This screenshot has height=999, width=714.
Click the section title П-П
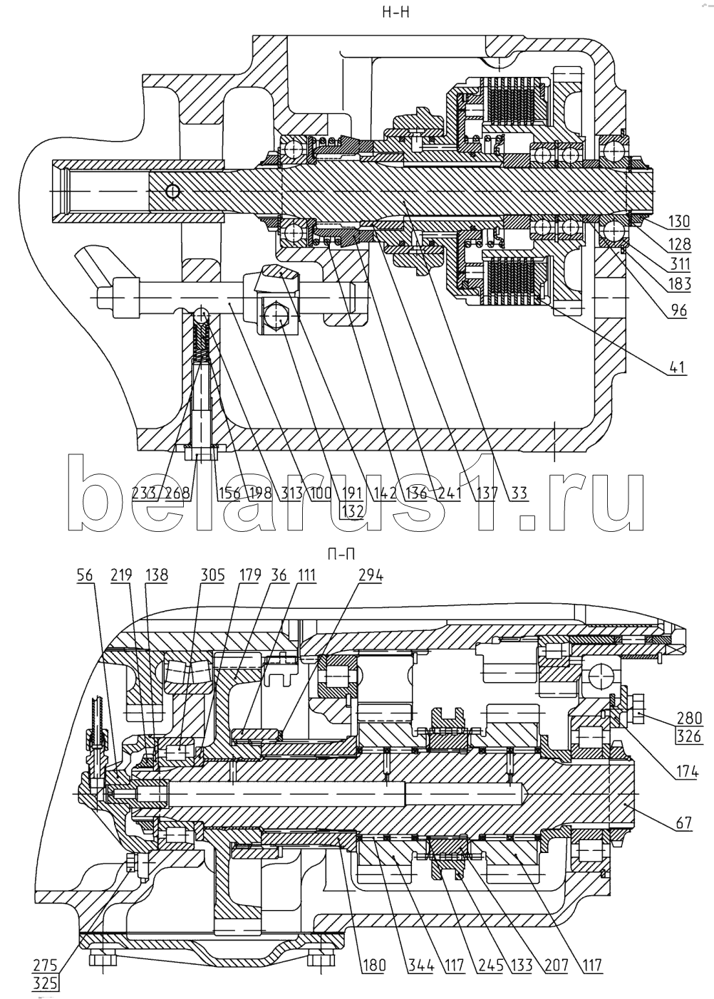[x=341, y=555]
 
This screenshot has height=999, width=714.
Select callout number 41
[x=677, y=368]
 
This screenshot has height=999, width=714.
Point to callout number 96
[x=677, y=312]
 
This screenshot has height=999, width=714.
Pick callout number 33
[x=518, y=493]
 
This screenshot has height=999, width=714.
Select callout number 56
[x=85, y=575]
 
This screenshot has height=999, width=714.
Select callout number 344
[x=418, y=966]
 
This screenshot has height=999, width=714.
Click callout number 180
[x=373, y=966]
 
